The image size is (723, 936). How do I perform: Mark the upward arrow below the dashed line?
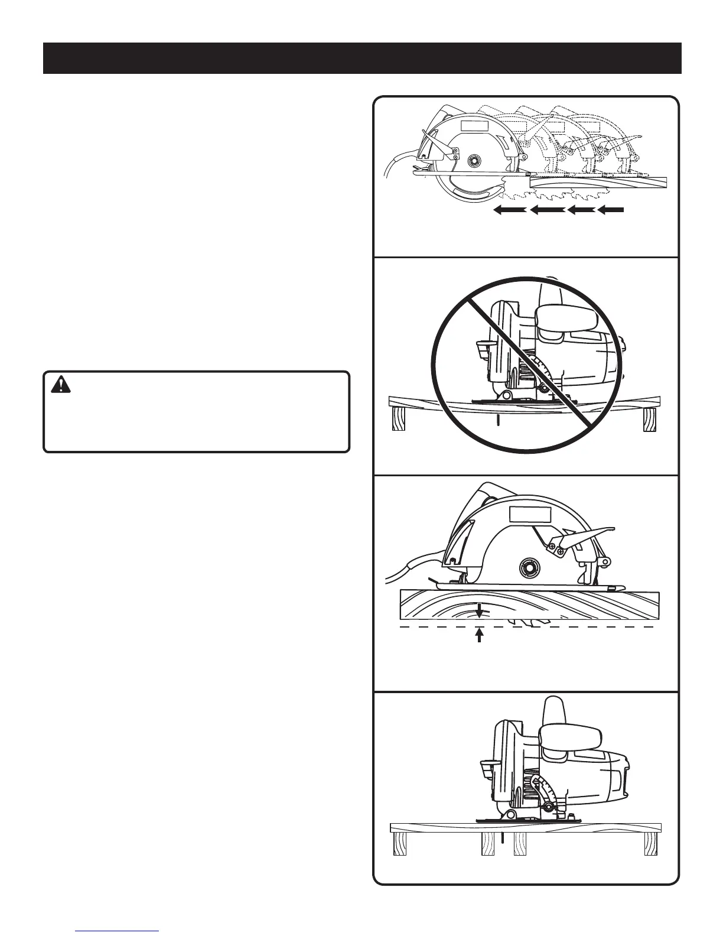480,635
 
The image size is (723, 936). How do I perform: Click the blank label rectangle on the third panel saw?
530,515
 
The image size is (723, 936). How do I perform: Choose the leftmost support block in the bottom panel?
400,843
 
